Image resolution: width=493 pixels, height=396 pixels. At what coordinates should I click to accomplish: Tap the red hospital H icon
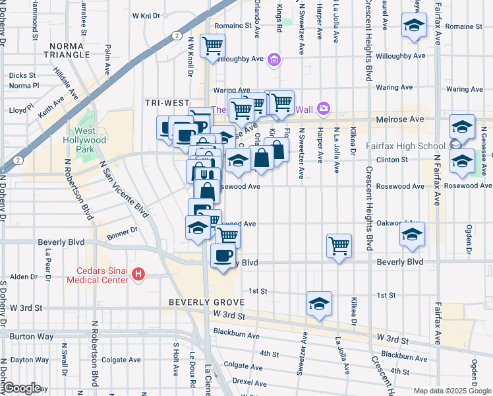pos(138,273)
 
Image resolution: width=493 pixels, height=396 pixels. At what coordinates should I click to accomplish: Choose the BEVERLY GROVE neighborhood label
pos(197,302)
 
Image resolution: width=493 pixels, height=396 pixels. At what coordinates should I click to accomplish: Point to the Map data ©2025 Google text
pos(452,391)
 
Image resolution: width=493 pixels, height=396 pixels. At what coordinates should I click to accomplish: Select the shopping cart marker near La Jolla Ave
pos(338,246)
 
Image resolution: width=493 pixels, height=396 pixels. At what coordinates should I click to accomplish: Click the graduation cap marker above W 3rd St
pos(319,304)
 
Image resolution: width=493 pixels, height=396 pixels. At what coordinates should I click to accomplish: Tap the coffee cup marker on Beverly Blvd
pos(223,255)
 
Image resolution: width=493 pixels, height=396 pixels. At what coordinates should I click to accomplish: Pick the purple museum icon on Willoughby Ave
pos(275,61)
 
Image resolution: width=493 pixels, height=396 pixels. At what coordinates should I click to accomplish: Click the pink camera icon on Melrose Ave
pos(323,108)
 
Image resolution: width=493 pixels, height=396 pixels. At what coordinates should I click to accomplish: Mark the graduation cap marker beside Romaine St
pos(414,25)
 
